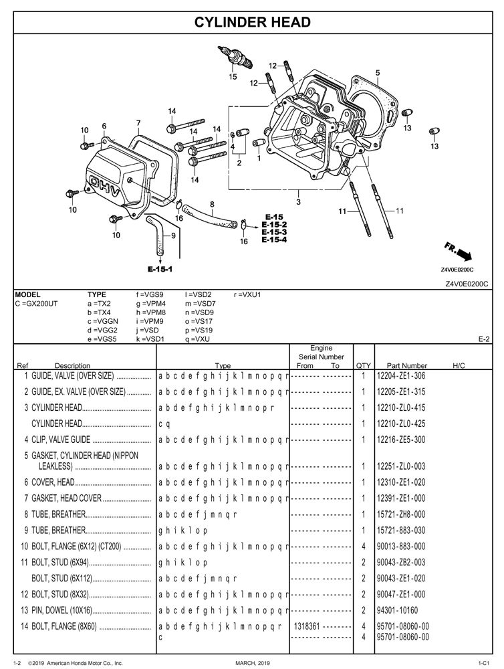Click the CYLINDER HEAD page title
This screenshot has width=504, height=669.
(x=252, y=22)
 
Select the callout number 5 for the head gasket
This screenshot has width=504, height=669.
(x=378, y=72)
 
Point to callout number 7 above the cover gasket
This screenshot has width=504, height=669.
(x=138, y=123)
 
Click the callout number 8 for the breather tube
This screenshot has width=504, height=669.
(x=212, y=204)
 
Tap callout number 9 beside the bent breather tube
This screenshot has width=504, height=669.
(x=172, y=235)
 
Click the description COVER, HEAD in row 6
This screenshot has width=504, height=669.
(x=53, y=482)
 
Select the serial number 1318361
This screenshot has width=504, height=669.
(x=306, y=627)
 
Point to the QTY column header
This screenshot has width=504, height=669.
(x=363, y=365)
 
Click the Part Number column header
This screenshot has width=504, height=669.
(x=406, y=365)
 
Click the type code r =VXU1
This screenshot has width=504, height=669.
(x=247, y=294)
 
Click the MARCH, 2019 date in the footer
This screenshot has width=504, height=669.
(x=251, y=662)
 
